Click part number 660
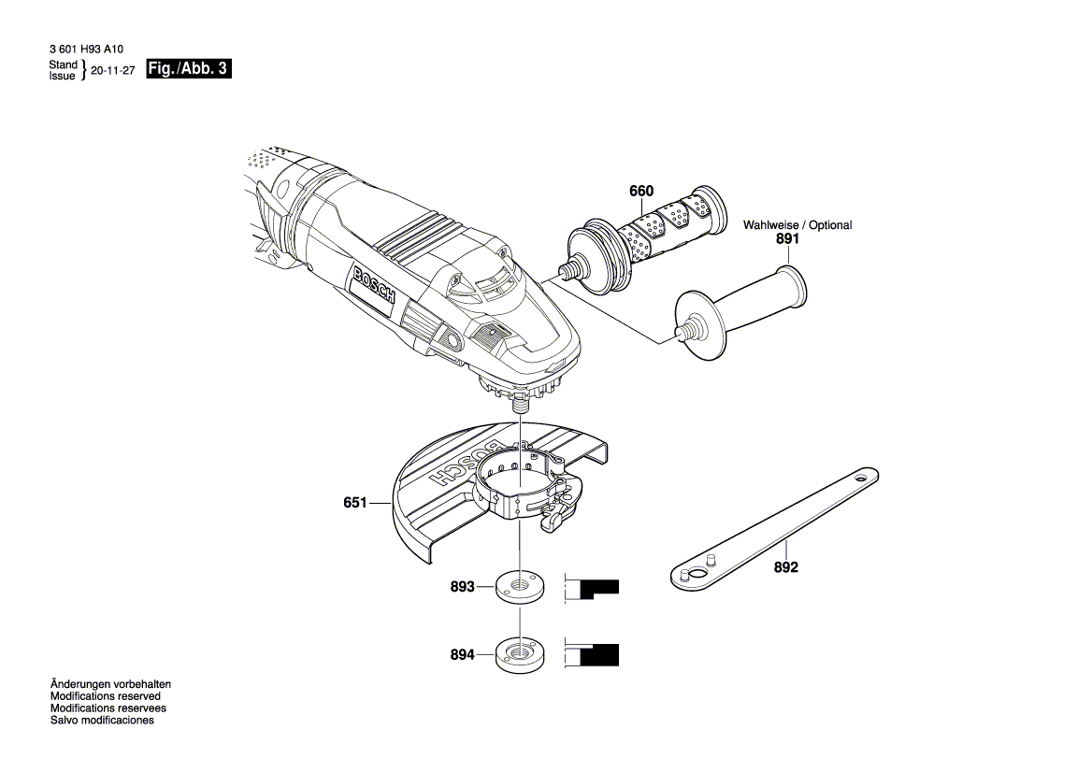click(640, 192)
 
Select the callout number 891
click(787, 239)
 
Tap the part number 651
click(354, 503)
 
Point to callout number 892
click(786, 567)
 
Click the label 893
click(462, 587)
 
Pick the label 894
click(462, 655)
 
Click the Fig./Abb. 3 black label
click(188, 69)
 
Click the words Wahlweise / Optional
click(797, 225)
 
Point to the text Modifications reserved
click(105, 696)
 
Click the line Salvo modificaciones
click(102, 721)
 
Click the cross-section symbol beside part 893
click(591, 589)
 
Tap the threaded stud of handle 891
click(688, 330)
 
